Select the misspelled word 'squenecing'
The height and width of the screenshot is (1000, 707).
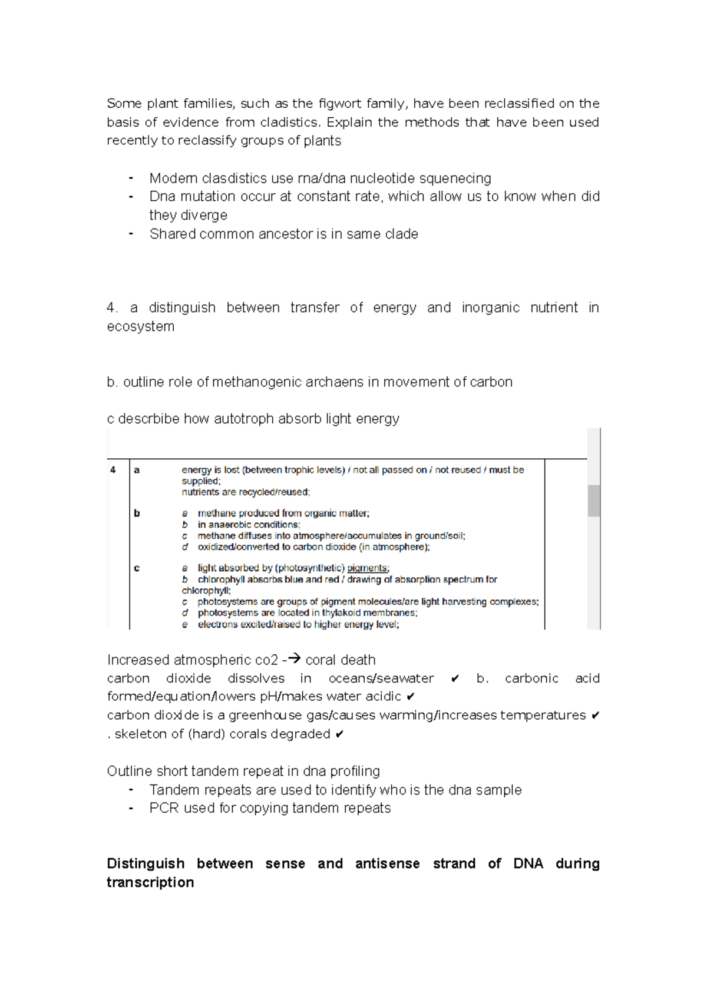point(455,178)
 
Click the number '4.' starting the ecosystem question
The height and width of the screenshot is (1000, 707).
point(112,308)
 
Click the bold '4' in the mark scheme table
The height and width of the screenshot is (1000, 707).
point(113,470)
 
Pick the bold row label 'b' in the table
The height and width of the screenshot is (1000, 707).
point(137,513)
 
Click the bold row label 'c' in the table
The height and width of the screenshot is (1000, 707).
point(137,568)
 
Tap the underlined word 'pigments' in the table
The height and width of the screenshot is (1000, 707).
point(367,568)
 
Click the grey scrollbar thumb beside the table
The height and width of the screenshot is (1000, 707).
point(594,501)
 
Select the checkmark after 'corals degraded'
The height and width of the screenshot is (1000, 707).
point(339,734)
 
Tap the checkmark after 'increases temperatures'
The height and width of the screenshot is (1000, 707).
point(595,716)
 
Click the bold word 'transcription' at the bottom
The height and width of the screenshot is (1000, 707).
point(150,883)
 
